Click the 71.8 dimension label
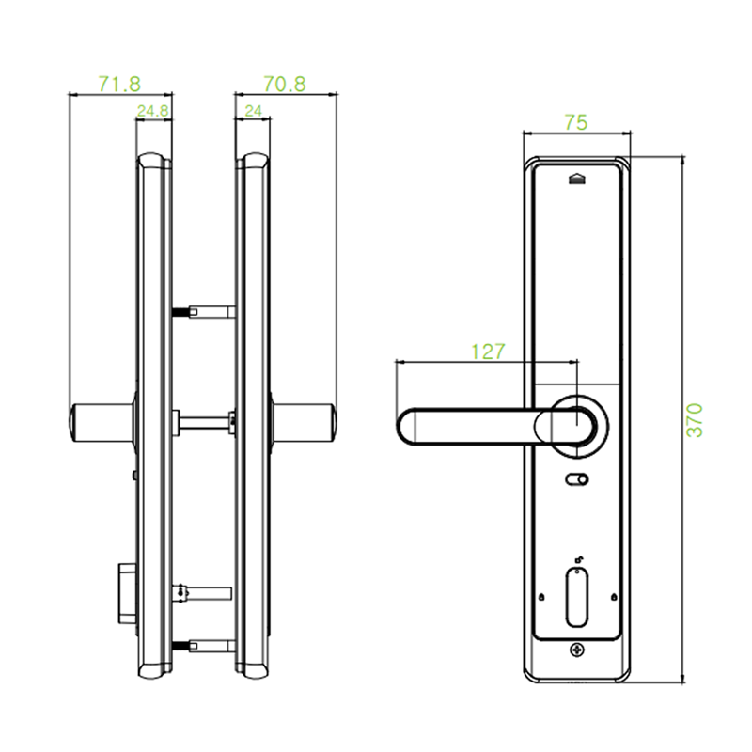coord(120,85)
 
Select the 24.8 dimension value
coord(152,111)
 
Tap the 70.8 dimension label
coord(284,85)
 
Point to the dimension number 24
coord(253,111)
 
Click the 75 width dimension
coord(576,122)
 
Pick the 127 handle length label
coord(488,351)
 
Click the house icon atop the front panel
coord(577,179)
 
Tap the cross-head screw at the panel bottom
coord(576,650)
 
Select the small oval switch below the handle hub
coord(576,480)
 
